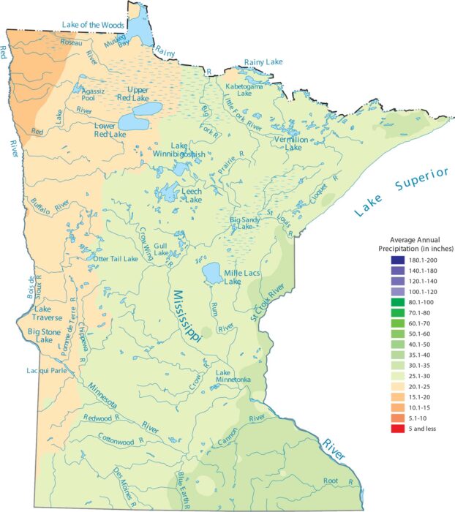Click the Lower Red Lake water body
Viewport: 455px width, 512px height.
coord(138,118)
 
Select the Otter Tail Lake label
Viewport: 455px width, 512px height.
coord(113,258)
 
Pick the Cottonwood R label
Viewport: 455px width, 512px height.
coord(119,441)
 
